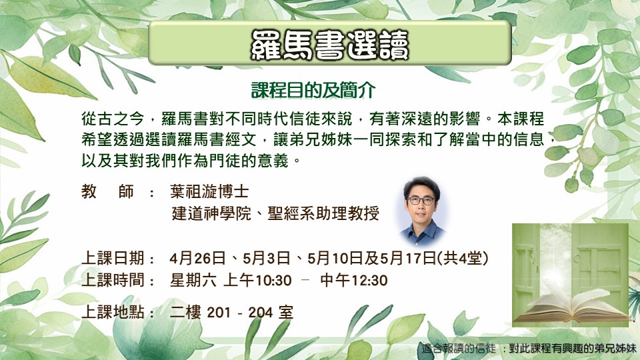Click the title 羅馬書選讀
pyautogui.click(x=329, y=44)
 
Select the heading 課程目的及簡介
pyautogui.click(x=313, y=90)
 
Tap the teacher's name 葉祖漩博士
pyautogui.click(x=209, y=191)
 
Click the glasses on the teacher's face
pyautogui.click(x=421, y=201)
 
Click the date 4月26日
pyautogui.click(x=197, y=258)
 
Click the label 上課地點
pyautogui.click(x=113, y=312)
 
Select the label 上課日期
pyautogui.click(x=113, y=258)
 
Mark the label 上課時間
pyautogui.click(x=113, y=280)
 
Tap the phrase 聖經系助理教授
pyautogui.click(x=323, y=213)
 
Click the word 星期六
pyautogui.click(x=193, y=281)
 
